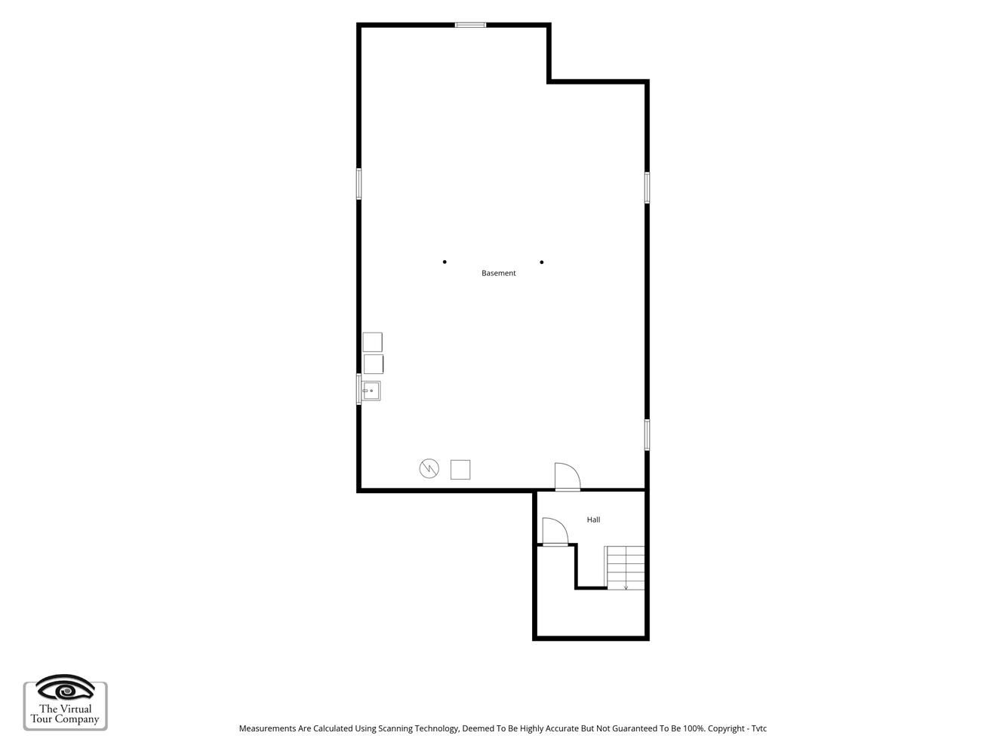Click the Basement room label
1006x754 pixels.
(498, 273)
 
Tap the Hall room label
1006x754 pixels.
(593, 520)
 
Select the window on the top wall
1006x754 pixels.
(470, 25)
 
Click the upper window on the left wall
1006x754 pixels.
(359, 183)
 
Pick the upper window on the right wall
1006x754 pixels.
(647, 187)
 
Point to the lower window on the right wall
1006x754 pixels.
(647, 434)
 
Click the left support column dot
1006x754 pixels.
(445, 262)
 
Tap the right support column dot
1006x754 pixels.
(542, 262)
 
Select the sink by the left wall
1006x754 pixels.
(371, 391)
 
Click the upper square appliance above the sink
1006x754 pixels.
(372, 342)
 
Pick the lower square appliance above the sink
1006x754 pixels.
(374, 364)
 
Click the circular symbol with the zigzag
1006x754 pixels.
(429, 468)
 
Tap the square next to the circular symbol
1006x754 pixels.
(460, 470)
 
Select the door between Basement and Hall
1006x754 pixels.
(568, 477)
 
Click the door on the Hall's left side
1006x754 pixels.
(555, 532)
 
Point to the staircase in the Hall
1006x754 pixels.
(625, 568)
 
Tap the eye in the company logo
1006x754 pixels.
(66, 688)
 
